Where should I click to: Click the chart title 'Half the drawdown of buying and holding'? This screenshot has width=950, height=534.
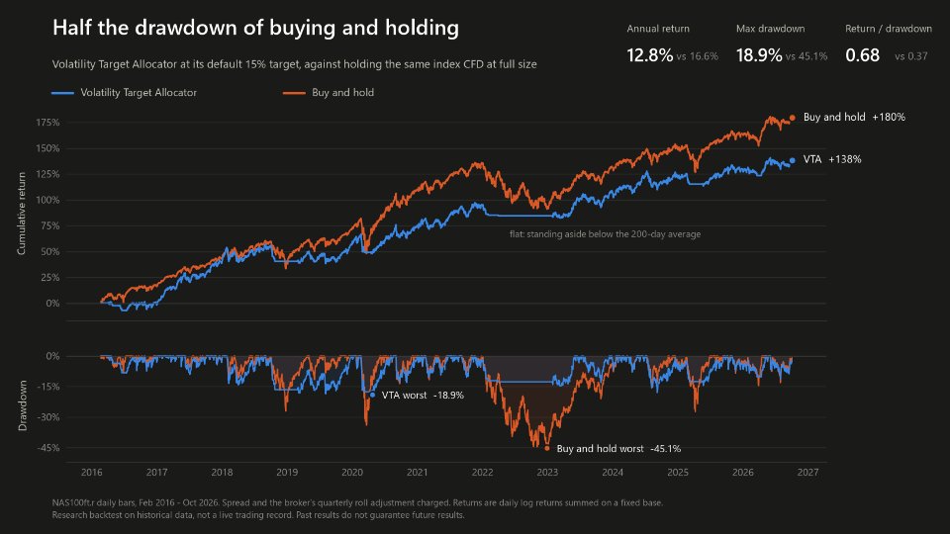(255, 28)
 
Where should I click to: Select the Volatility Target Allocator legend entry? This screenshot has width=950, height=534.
(125, 93)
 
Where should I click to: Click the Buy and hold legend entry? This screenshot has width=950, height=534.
(329, 93)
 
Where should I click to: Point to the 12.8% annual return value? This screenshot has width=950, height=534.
(649, 55)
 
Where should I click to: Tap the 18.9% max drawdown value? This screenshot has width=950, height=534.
(759, 55)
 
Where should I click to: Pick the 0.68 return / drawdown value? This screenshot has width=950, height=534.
(862, 55)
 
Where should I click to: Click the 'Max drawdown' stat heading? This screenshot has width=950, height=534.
(770, 29)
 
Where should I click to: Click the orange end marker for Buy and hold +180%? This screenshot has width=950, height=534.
(792, 118)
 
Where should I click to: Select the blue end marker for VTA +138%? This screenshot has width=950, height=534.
(792, 160)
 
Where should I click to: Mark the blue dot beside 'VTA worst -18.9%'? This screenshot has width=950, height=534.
(372, 395)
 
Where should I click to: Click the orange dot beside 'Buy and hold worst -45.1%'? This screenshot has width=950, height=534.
(547, 449)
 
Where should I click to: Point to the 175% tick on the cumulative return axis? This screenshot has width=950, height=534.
(47, 123)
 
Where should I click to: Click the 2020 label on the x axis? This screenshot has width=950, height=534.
(352, 473)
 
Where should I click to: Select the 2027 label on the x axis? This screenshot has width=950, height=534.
(807, 473)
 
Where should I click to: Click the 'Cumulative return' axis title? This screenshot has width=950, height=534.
(22, 214)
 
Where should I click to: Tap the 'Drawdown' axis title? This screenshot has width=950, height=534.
(23, 405)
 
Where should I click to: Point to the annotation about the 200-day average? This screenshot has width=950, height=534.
(605, 234)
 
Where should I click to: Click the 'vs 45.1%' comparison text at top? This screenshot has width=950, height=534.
(807, 56)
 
